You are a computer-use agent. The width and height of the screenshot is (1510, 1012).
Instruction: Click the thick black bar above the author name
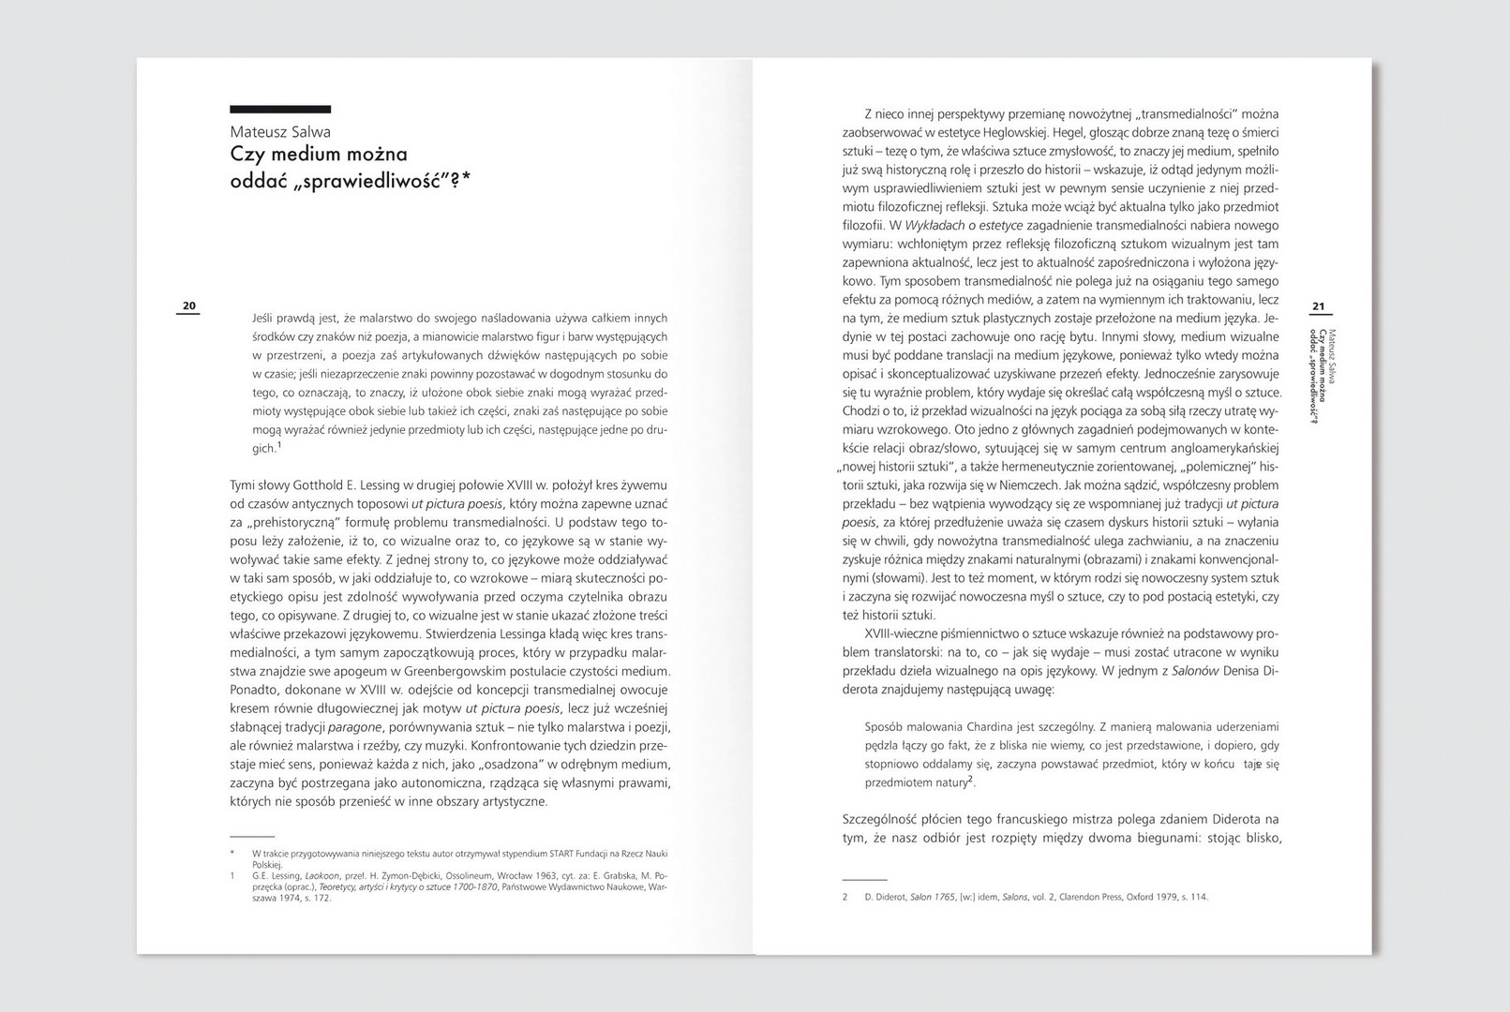point(280,110)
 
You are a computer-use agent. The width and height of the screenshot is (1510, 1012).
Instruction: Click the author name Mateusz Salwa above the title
point(280,132)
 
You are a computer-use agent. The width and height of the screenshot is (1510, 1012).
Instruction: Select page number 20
point(188,306)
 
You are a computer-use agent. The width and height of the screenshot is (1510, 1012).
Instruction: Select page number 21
point(1318,306)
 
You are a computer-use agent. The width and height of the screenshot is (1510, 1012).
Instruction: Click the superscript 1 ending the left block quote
point(279,445)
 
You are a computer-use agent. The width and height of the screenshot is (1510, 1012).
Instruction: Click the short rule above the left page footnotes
point(252,835)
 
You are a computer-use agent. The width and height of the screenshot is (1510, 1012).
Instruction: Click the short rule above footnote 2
point(864,880)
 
